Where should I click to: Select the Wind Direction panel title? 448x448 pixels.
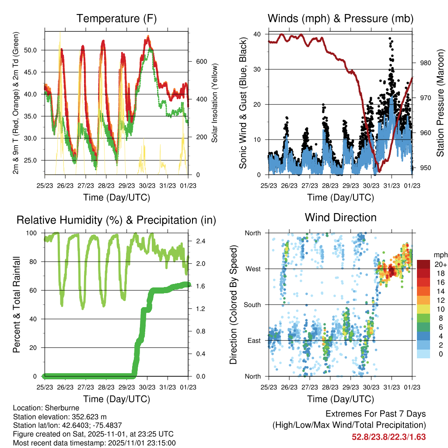[x=340, y=217]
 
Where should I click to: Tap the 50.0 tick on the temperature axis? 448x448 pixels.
[x=35, y=50]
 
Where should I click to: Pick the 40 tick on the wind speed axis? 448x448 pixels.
[x=257, y=34]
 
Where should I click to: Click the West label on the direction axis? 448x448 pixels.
[x=252, y=269]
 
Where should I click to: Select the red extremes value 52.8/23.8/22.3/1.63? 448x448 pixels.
[x=388, y=437]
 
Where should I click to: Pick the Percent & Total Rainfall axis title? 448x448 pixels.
[x=17, y=305]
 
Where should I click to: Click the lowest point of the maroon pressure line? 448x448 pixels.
[x=379, y=172]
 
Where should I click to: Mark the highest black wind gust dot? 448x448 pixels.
[x=390, y=38]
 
